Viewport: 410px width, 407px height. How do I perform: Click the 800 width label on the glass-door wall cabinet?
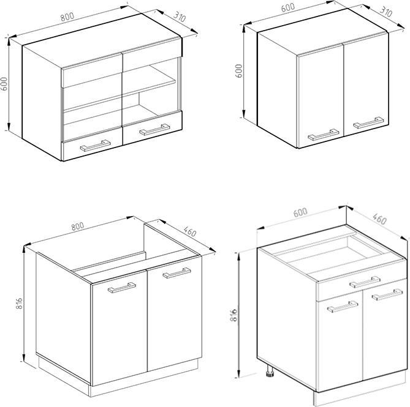point(67,17)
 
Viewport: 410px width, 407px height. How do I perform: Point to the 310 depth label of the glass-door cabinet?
point(180,17)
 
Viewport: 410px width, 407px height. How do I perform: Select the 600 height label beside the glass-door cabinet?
point(4,84)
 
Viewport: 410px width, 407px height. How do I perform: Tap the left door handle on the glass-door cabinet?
point(95,146)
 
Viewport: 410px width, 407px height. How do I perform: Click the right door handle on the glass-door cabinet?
point(154,130)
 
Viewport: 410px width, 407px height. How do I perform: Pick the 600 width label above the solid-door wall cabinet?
point(288,7)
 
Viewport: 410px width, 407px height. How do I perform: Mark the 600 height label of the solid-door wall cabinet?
point(239,71)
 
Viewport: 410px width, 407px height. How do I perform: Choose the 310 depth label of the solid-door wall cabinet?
point(386,12)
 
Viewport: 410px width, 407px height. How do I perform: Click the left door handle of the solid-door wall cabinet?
point(324,135)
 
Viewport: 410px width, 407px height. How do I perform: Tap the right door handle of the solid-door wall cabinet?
point(368,122)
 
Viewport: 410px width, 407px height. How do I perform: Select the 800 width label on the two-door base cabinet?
point(78,226)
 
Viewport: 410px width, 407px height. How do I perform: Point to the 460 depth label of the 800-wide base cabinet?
point(190,231)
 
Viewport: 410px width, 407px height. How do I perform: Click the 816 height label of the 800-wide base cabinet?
point(20,303)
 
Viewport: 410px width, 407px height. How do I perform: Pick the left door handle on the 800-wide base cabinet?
point(122,288)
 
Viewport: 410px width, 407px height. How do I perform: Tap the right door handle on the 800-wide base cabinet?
point(177,273)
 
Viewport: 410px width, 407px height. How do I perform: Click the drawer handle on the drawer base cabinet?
point(365,282)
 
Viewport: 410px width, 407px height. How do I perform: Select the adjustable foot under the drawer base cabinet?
point(270,371)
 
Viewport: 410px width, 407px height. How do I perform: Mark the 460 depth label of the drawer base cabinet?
point(379,218)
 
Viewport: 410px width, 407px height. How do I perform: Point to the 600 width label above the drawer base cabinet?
point(300,212)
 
